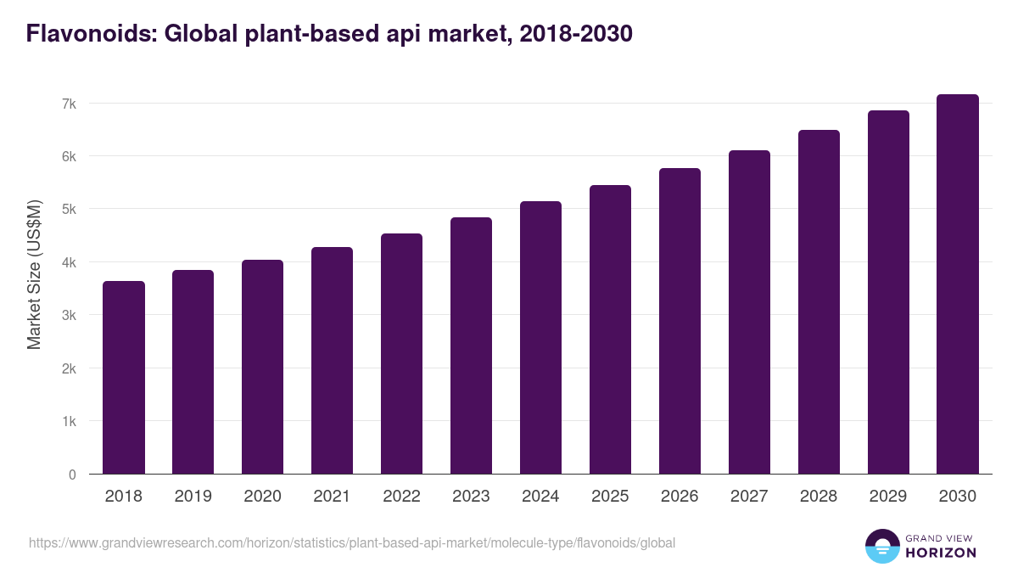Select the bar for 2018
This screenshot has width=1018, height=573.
tap(124, 378)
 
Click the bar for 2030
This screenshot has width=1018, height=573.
tap(958, 284)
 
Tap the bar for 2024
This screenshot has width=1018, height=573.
tap(540, 338)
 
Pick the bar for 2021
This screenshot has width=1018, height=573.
tap(332, 361)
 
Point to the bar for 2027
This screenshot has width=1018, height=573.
tap(749, 312)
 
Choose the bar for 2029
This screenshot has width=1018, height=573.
tap(888, 293)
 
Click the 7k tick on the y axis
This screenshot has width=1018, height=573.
tap(69, 104)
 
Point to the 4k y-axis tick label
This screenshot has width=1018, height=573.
tap(69, 262)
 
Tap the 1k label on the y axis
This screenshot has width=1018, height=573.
tap(69, 422)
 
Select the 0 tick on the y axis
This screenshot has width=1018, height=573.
tap(72, 475)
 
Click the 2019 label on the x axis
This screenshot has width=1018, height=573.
tap(193, 497)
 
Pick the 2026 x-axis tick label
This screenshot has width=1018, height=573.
tap(680, 497)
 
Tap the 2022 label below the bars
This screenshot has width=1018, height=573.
tap(401, 497)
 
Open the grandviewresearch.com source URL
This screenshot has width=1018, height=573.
tap(352, 542)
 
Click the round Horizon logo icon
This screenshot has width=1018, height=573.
tap(881, 546)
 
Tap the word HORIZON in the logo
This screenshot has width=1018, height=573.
tap(941, 553)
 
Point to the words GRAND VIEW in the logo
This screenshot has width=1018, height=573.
tap(940, 537)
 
